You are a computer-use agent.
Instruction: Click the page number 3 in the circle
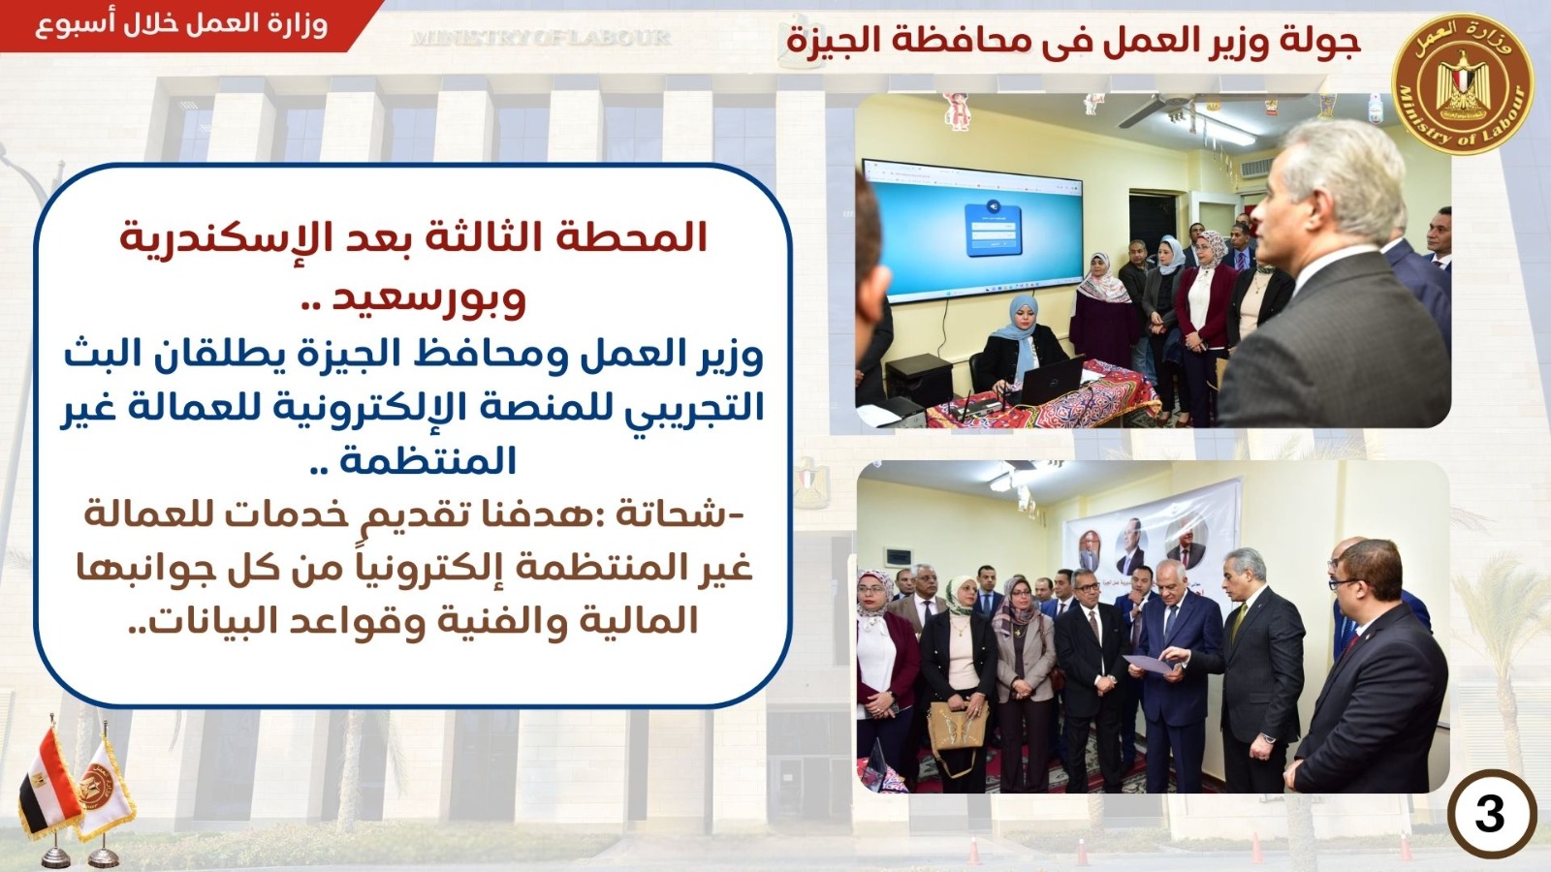click(x=1489, y=815)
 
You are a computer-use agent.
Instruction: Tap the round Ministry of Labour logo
click(x=1463, y=83)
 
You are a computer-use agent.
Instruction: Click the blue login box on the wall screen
click(x=993, y=229)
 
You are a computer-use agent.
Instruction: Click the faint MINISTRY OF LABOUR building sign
click(x=541, y=38)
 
